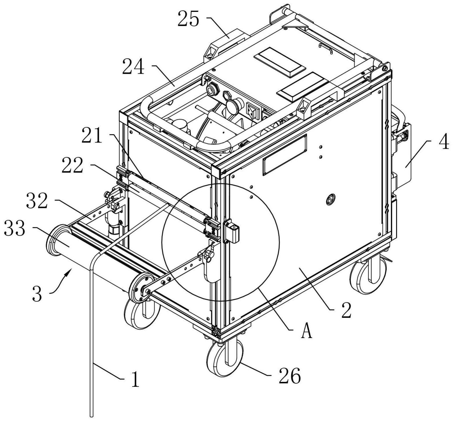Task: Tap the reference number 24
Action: tap(133, 67)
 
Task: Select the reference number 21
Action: tap(92, 135)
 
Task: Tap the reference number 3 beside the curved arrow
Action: tap(37, 293)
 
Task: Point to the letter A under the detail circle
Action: tap(307, 331)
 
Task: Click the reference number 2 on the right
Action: tap(346, 310)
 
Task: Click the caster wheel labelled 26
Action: tap(225, 358)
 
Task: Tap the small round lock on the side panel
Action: tap(331, 199)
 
